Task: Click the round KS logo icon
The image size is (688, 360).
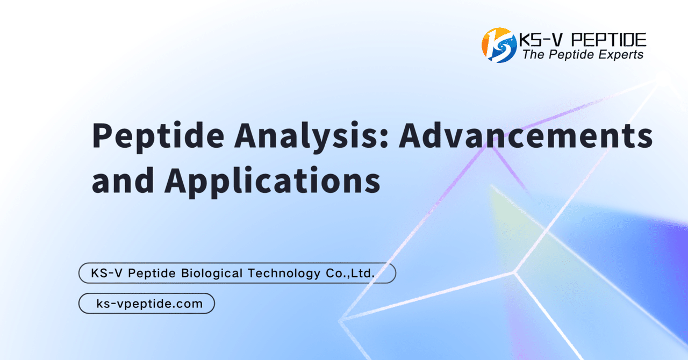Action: coord(498,45)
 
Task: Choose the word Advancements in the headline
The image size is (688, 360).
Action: coord(525,137)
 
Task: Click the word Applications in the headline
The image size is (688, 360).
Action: coord(272,181)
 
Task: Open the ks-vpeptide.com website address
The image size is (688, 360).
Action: coord(149,304)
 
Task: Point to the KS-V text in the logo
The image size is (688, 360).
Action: coord(537,40)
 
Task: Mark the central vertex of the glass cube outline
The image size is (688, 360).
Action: coord(515,272)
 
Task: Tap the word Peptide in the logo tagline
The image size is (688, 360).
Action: coord(568,55)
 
